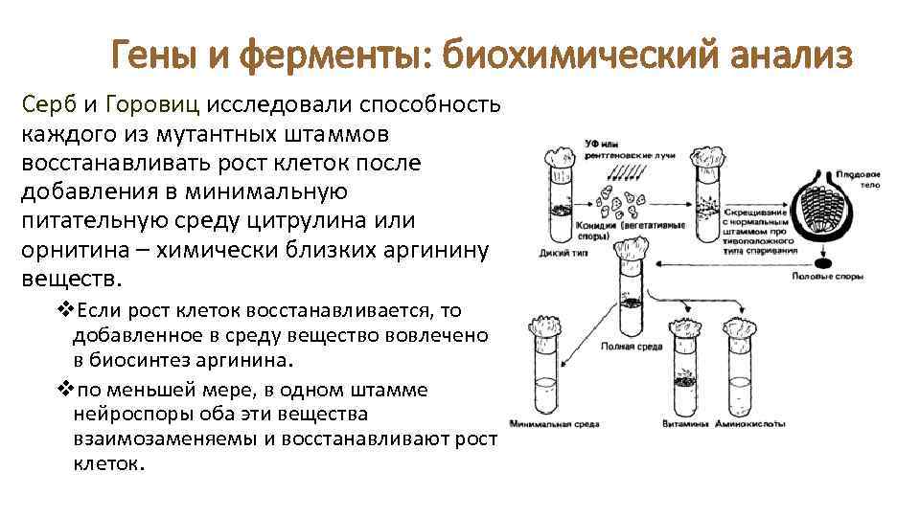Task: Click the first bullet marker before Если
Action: point(64,310)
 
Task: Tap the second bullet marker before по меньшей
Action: point(64,390)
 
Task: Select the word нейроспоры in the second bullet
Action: point(126,415)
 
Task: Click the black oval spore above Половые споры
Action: point(825,260)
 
